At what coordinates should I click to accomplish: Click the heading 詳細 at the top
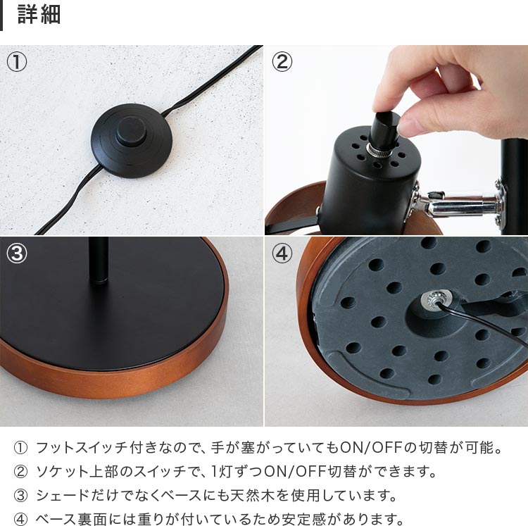(x=39, y=15)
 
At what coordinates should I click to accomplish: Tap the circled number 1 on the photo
(x=18, y=62)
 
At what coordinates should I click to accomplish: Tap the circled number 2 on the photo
(x=282, y=62)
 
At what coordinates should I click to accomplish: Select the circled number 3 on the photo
(x=18, y=253)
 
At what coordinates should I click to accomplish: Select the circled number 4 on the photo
(x=282, y=253)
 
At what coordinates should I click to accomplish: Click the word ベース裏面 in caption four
(x=72, y=520)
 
